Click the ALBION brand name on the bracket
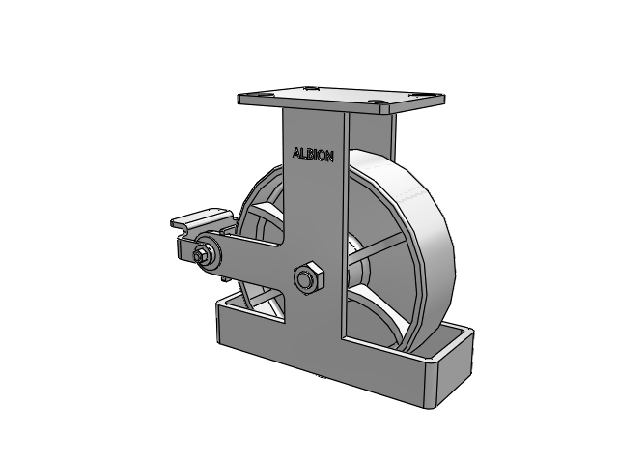pyautogui.click(x=313, y=155)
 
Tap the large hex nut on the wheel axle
pyautogui.click(x=308, y=277)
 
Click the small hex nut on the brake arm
pyautogui.click(x=199, y=256)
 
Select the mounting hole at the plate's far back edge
pyautogui.click(x=310, y=88)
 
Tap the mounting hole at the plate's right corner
pyautogui.click(x=416, y=95)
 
